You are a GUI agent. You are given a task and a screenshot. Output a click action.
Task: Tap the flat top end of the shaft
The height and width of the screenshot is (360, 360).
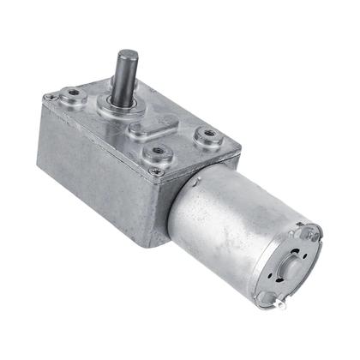[x=127, y=56]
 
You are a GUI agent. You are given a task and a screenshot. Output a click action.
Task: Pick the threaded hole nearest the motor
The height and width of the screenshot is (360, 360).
[x=206, y=135]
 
